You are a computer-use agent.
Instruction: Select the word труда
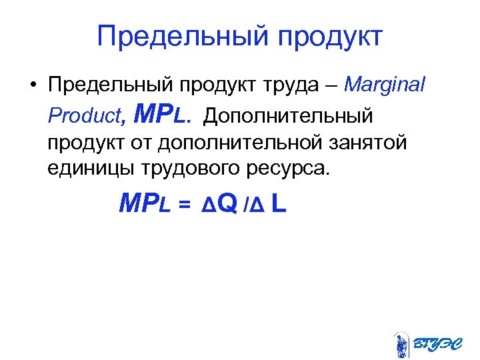click(305, 86)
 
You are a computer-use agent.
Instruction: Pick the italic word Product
click(84, 116)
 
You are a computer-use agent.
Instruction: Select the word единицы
click(89, 168)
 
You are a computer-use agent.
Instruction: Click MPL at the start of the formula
click(145, 204)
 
